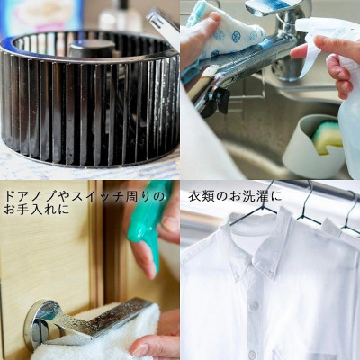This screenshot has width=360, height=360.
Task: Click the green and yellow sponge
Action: coord(327,137)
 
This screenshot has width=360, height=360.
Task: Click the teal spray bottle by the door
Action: coord(149,221)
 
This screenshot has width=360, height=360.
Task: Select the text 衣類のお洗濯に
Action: coord(235,197)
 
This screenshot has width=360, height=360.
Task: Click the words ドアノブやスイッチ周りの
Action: coord(85,197)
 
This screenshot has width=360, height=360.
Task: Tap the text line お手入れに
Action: coord(37,209)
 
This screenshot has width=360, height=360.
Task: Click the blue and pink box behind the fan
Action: coord(42,16)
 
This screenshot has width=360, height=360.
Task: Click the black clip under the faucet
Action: coord(218,99)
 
